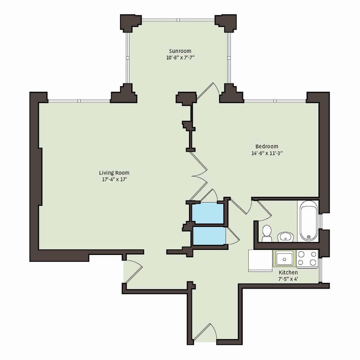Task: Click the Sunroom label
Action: pos(180,51)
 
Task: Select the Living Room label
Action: pos(114,172)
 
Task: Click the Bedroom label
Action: pos(267,146)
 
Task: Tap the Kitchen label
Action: pos(288,272)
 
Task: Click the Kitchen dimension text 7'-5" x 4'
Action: pos(288,279)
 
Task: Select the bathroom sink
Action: pos(285,236)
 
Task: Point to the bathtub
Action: pos(308,221)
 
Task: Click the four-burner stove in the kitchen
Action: pos(307,259)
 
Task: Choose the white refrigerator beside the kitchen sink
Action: pos(260,261)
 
